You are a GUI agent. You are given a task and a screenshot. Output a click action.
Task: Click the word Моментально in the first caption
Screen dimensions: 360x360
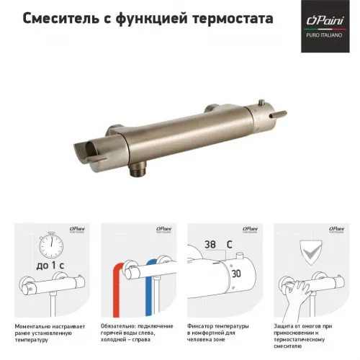(36, 327)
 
